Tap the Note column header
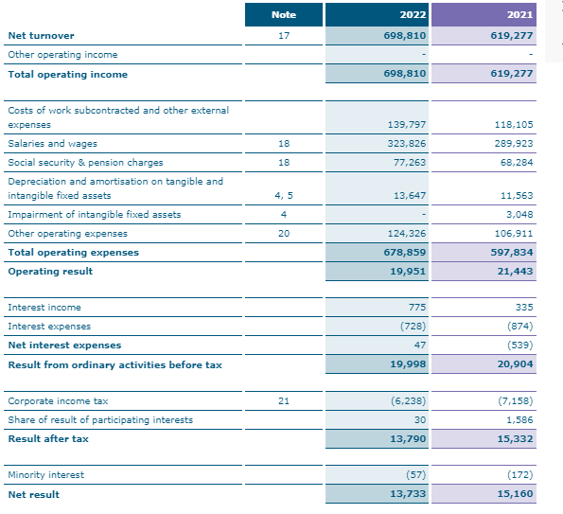pos(283,15)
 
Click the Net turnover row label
pos(41,36)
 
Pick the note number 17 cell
pos(283,36)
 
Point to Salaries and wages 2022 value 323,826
pos(407,144)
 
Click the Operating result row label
pos(50,272)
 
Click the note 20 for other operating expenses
pos(283,234)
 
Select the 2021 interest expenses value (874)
pos(519,327)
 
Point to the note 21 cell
pos(283,401)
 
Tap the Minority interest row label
pos(45,475)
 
